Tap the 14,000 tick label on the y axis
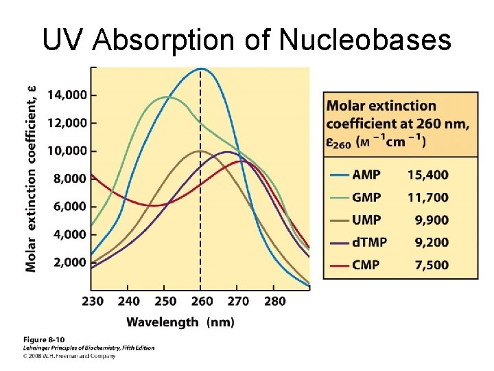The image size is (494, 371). point(67,95)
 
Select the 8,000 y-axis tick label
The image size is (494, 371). point(69,179)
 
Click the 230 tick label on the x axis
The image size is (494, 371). point(93,301)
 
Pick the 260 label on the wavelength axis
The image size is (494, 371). point(200,301)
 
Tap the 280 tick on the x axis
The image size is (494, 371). point(274,301)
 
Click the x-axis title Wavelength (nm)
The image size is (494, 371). point(180,322)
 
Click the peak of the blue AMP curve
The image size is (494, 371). point(200,69)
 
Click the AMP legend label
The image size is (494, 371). point(366,175)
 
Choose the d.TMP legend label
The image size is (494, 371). point(370,242)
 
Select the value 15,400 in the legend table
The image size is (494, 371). point(428,175)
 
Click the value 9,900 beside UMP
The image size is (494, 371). point(432,220)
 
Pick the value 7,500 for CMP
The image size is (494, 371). point(432,265)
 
